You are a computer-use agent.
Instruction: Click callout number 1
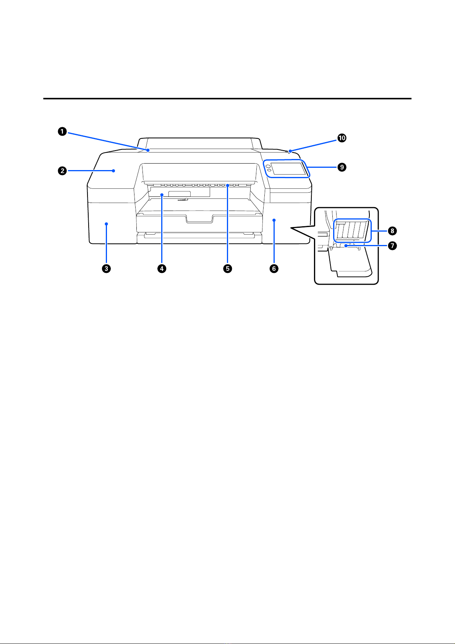click(62, 132)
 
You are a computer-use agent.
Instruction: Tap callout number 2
click(62, 171)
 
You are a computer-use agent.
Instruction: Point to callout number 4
click(162, 269)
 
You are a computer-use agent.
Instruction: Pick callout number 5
click(227, 269)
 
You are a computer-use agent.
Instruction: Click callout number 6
click(274, 269)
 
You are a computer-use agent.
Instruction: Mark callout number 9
click(342, 167)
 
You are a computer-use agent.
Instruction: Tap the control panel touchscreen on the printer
click(289, 169)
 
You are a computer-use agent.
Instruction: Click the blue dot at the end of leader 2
click(114, 171)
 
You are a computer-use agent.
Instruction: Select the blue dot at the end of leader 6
click(274, 220)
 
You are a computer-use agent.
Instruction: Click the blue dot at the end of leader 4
click(162, 195)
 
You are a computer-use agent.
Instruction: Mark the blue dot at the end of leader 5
click(227, 185)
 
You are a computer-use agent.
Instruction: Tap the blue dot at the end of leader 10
click(290, 151)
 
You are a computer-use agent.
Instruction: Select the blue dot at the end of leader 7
click(346, 246)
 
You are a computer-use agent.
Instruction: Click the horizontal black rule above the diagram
click(227, 99)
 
